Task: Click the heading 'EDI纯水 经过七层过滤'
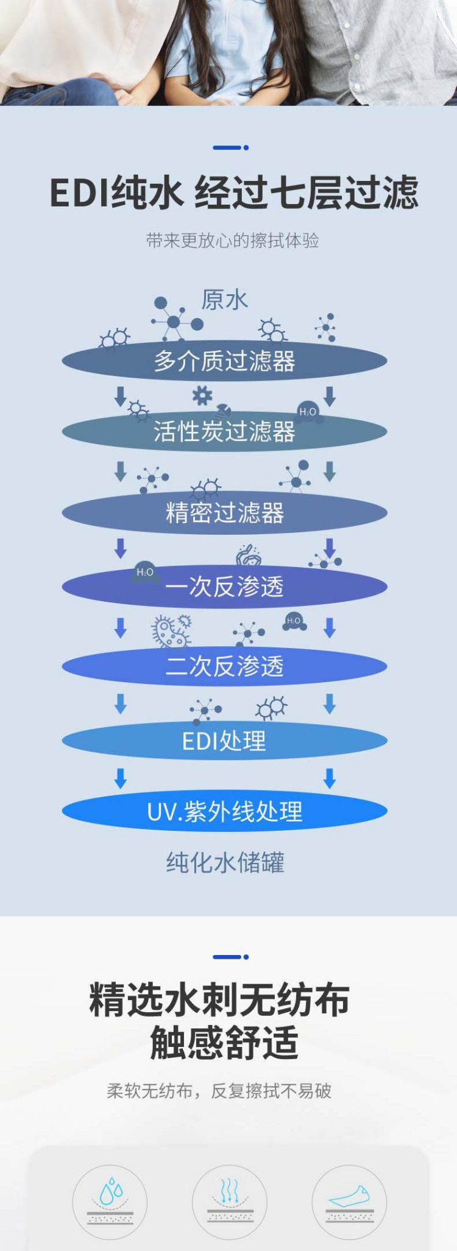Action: [x=234, y=192]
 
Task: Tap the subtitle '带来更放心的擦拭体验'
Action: [x=232, y=241]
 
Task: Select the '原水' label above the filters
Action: [x=225, y=300]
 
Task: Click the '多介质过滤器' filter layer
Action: [x=224, y=361]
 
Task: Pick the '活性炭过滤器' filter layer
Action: [x=224, y=432]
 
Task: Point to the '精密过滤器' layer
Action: [x=224, y=513]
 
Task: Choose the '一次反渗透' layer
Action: [x=224, y=587]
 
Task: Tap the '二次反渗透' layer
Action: [x=224, y=666]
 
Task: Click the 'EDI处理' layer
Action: [x=224, y=741]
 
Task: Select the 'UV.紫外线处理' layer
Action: [x=224, y=812]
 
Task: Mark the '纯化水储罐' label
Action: [x=225, y=862]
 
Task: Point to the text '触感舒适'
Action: [x=224, y=1043]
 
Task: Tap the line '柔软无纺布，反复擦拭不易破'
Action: [x=219, y=1091]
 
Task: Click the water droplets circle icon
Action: [x=110, y=1202]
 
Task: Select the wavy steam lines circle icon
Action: [x=229, y=1202]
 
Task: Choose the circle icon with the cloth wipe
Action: [x=349, y=1202]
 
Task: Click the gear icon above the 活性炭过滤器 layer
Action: [x=202, y=396]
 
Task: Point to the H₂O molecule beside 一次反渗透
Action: [x=145, y=572]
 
